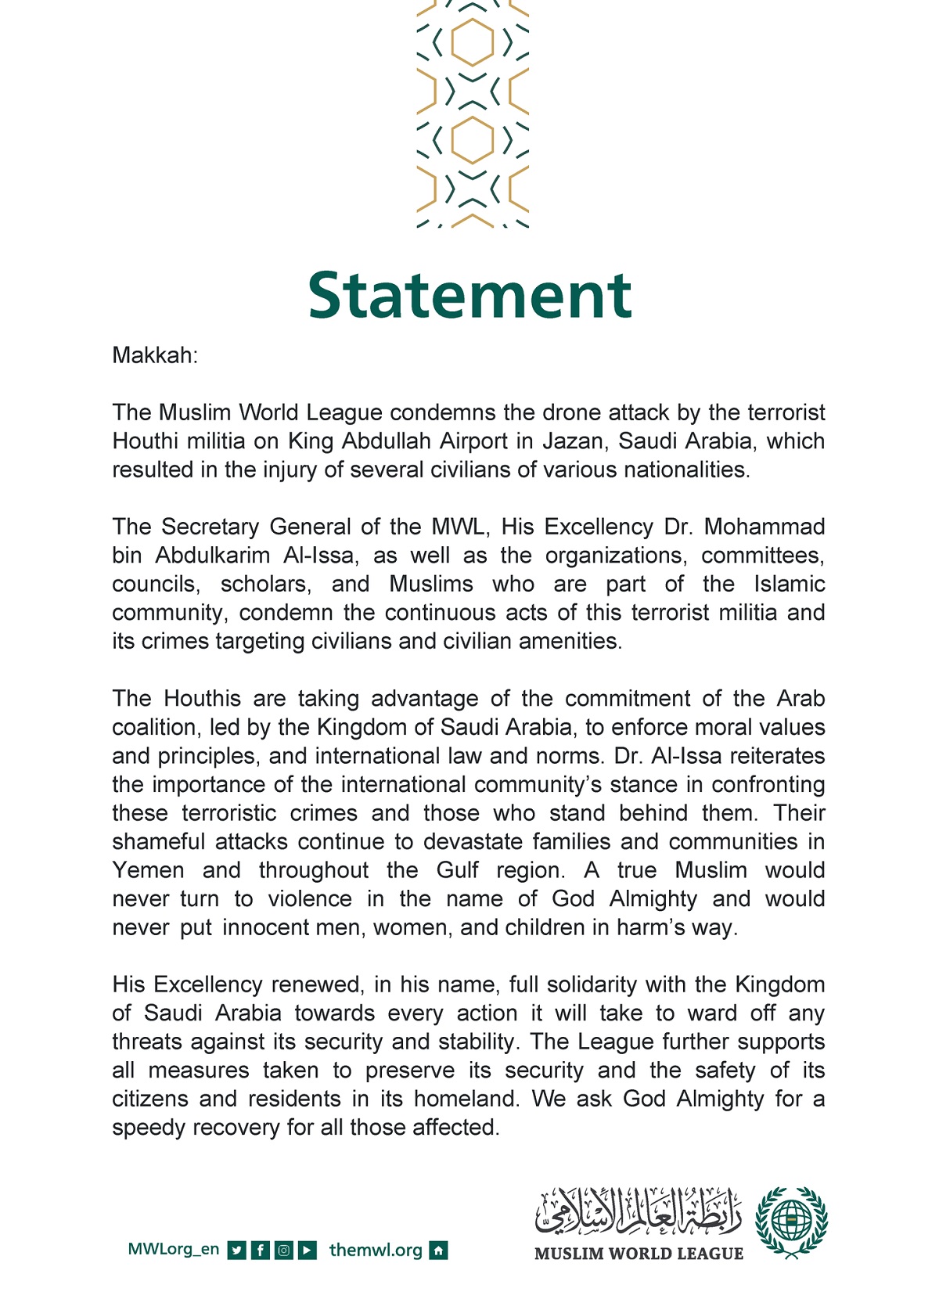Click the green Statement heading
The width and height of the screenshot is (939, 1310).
469,296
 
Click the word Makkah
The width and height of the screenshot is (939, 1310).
153,355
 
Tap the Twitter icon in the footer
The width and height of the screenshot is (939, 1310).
236,1250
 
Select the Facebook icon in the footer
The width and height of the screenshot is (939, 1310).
261,1250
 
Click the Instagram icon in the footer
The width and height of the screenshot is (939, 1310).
284,1250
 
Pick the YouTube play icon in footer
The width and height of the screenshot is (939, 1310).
308,1250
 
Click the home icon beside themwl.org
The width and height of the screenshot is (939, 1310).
439,1250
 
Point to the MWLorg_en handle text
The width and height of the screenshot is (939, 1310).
173,1249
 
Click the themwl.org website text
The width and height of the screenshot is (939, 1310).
376,1250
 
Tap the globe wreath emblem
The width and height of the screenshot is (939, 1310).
791,1222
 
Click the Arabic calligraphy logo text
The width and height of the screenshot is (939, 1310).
638,1210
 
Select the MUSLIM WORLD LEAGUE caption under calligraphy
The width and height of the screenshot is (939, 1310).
639,1254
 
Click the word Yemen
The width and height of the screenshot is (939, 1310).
148,870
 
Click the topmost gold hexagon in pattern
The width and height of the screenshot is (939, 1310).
473,42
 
